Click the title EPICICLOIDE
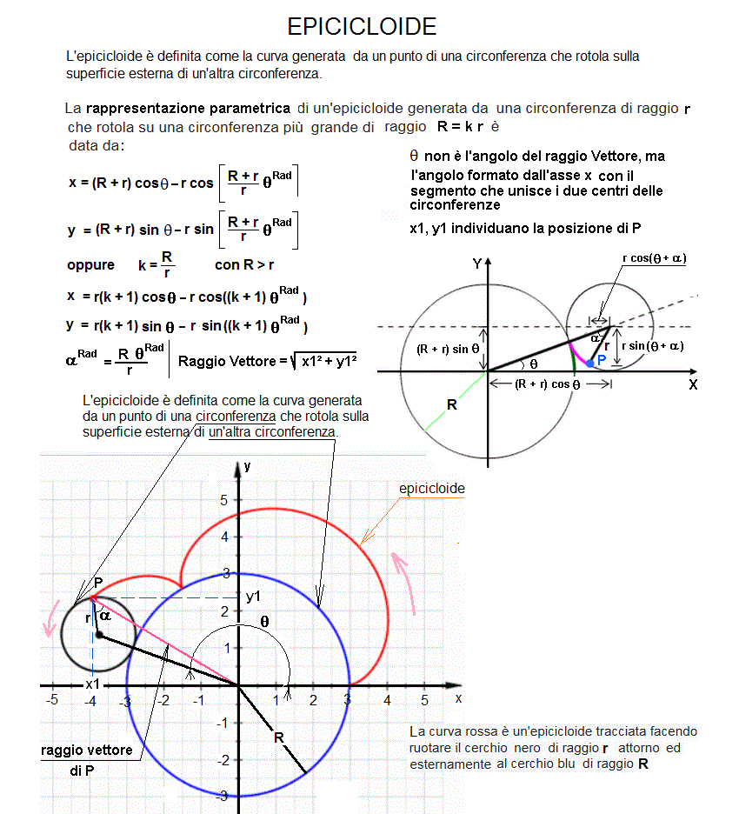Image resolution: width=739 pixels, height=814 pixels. point(362,27)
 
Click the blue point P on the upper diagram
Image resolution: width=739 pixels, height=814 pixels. point(590,363)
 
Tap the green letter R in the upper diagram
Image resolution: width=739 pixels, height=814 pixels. point(451,405)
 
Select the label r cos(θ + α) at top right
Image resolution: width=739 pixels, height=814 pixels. point(655,257)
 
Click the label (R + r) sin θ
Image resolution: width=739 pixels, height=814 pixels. point(448,350)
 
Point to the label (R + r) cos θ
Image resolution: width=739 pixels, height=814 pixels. point(547,384)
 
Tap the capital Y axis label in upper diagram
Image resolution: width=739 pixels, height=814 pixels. point(476,263)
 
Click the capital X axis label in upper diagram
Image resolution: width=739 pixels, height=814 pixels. point(693,384)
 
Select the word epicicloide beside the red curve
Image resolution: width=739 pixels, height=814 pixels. point(431,489)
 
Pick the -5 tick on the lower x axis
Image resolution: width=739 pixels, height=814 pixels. point(52,700)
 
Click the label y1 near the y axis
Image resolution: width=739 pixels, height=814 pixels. point(254,597)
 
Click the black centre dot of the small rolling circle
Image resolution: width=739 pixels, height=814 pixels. point(99,635)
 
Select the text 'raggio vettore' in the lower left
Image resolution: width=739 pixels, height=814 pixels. point(87,750)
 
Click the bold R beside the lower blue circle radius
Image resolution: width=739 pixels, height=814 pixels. point(279,738)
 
